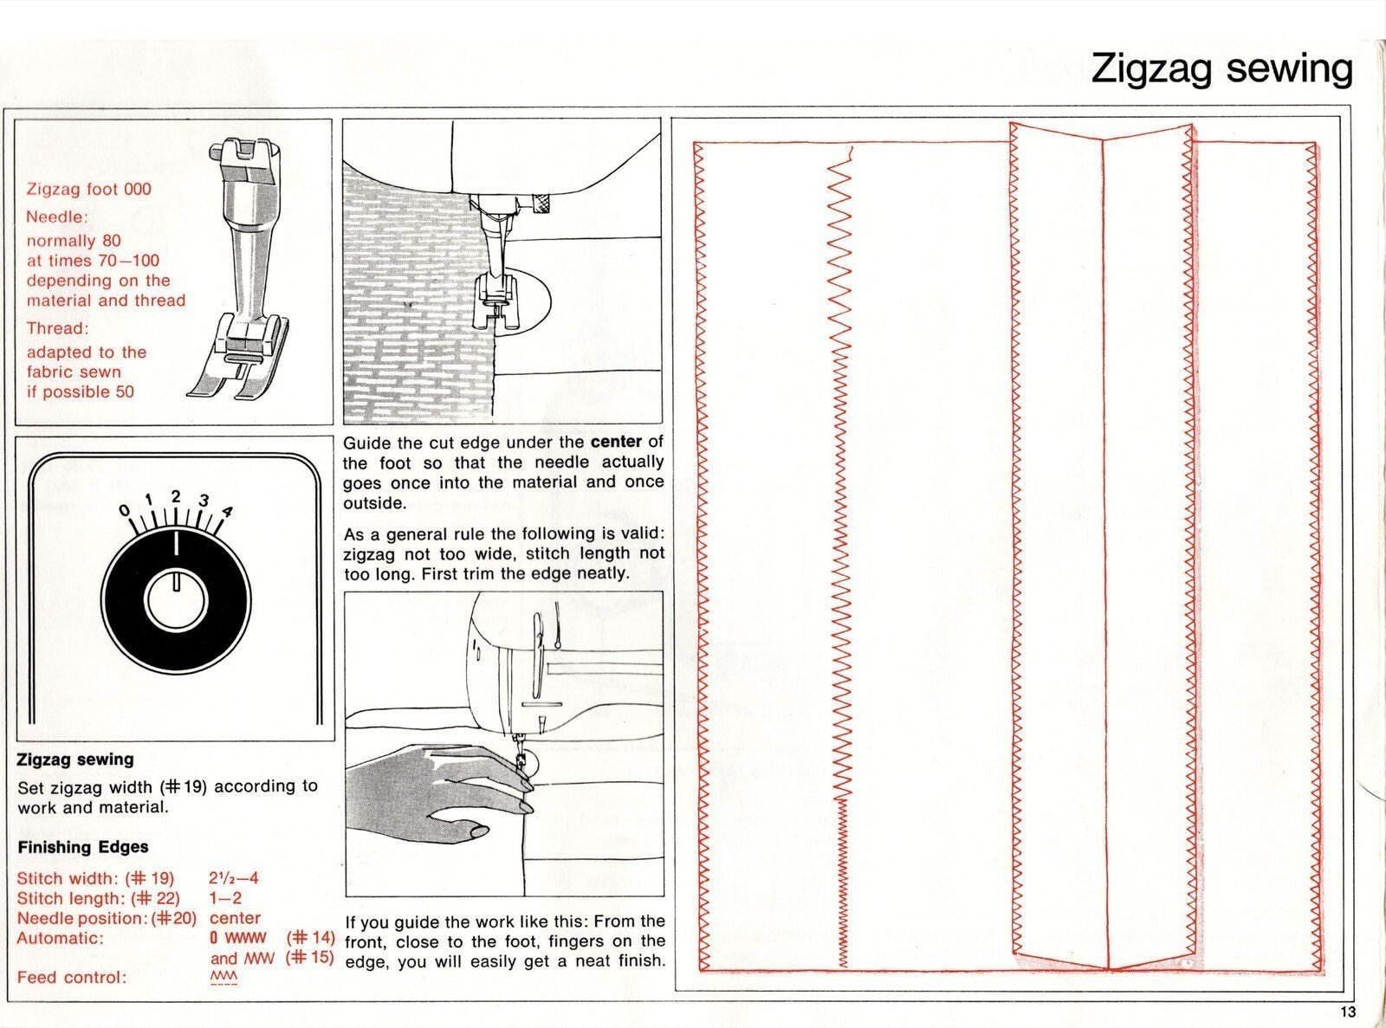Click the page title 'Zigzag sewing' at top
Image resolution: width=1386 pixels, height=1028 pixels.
(x=1221, y=68)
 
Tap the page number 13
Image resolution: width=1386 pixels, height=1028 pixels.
(x=1348, y=1012)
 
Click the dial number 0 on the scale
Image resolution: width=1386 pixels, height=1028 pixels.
(x=126, y=509)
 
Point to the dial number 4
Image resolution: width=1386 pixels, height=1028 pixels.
(x=227, y=511)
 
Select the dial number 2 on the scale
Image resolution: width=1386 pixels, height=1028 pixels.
(x=176, y=496)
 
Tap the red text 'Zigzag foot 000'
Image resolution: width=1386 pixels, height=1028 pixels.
(x=88, y=189)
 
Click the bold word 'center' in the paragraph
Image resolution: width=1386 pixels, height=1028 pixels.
(x=616, y=442)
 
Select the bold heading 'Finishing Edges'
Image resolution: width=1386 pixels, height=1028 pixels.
(x=83, y=847)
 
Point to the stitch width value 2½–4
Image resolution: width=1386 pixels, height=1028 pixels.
(x=234, y=878)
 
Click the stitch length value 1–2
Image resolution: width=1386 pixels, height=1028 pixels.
(x=225, y=898)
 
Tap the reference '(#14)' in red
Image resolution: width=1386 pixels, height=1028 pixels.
(x=310, y=938)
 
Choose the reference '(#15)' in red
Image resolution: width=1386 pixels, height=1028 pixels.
(x=309, y=958)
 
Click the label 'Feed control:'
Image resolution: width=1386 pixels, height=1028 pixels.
(x=72, y=978)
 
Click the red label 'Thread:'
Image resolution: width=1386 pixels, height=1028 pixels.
(x=57, y=328)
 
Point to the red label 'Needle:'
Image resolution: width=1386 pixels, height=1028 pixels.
(x=57, y=217)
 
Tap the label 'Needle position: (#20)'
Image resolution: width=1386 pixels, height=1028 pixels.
(x=107, y=918)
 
